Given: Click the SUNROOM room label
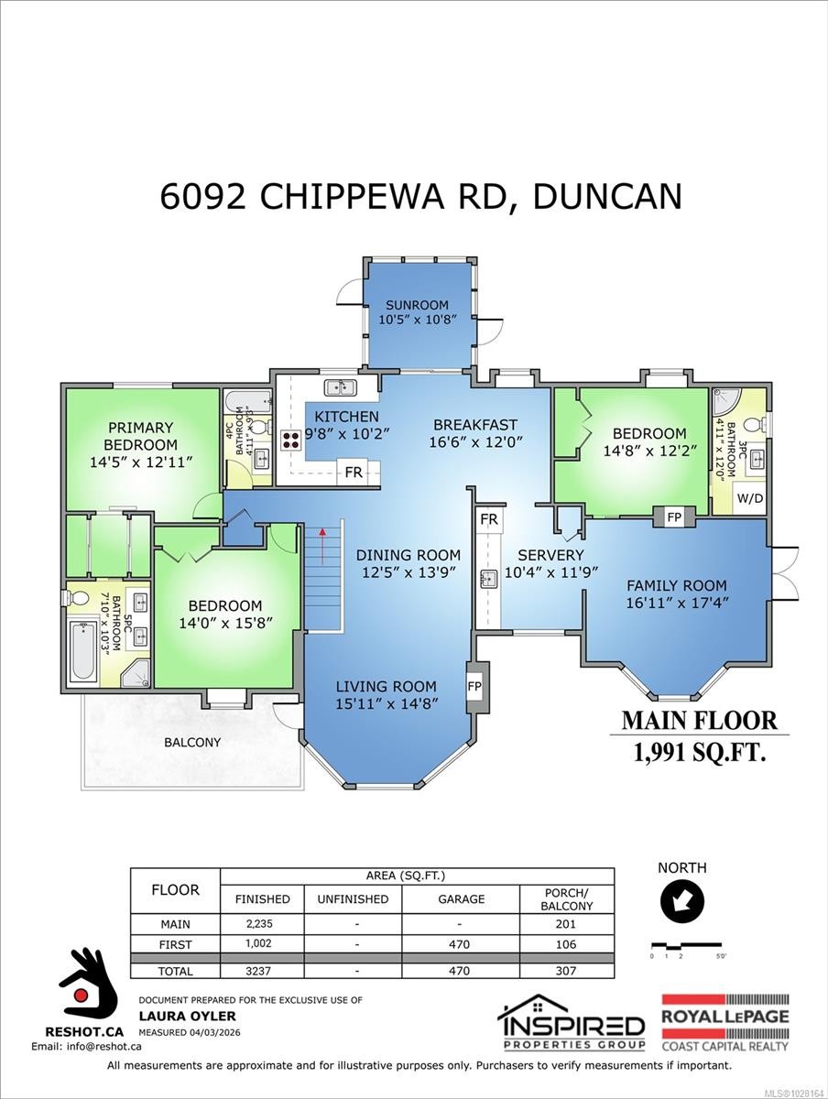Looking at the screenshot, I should coord(417,305).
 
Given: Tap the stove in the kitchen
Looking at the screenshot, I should coord(291,438).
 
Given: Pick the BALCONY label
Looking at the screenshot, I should coord(193,742).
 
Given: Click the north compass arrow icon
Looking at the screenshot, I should coord(682,903).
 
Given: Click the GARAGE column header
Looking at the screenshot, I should coord(460,898).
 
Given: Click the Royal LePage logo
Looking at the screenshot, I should coord(724,1023).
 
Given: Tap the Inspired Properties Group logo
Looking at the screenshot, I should coord(571,1023).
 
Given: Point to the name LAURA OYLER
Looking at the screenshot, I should coord(175,1016).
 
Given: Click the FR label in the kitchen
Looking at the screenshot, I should coord(353,473).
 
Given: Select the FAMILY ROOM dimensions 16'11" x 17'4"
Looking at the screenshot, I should coord(676,603).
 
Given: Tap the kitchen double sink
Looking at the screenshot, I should coord(340,386).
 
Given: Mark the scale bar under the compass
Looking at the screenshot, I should coord(682,944).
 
